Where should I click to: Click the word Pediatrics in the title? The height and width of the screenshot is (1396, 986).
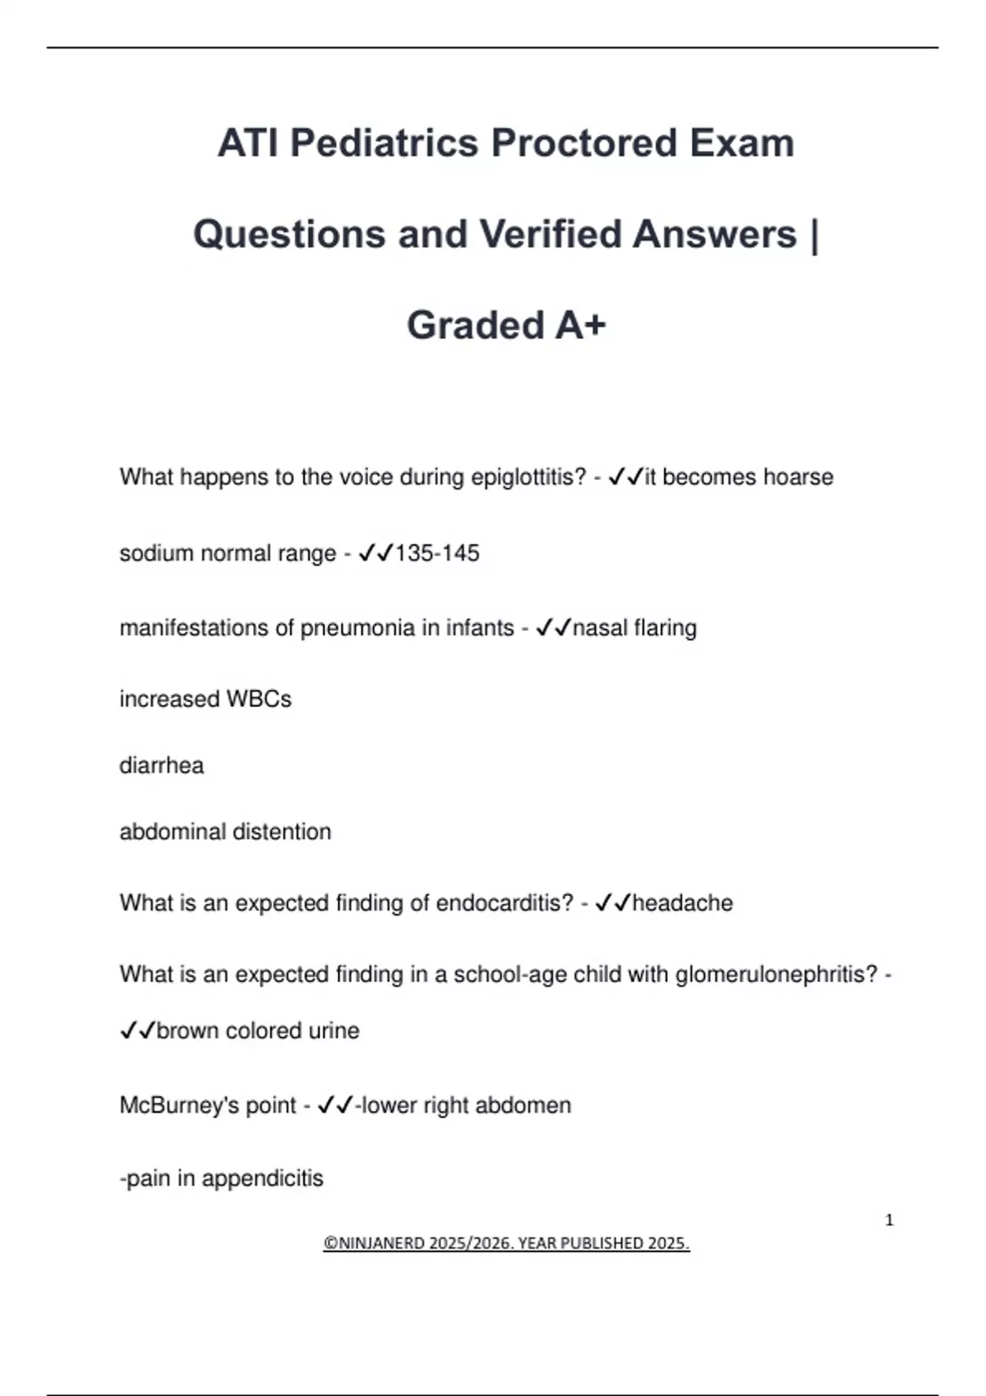click(x=384, y=144)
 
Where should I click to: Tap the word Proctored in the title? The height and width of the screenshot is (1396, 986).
click(x=584, y=144)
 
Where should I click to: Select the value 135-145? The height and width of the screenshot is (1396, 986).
click(x=436, y=553)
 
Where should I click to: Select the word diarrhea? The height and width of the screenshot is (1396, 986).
click(x=161, y=765)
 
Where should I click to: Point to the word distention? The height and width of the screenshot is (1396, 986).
click(x=282, y=832)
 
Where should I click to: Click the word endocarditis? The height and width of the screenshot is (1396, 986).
click(x=504, y=903)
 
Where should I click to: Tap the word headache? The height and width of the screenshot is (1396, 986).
click(x=682, y=903)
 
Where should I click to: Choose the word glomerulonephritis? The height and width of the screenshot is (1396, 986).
click(x=776, y=975)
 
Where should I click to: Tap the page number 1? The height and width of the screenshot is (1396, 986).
click(x=889, y=1220)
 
